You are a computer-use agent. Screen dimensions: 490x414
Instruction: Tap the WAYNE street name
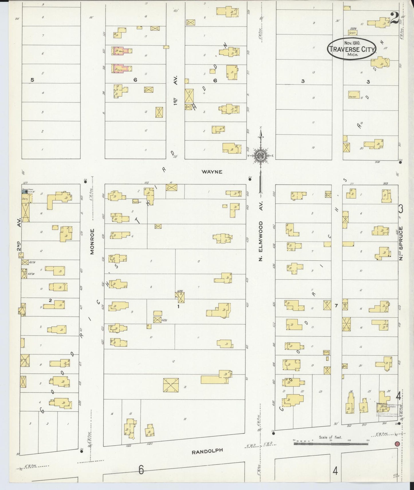(212, 172)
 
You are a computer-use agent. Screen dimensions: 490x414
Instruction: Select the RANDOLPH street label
(207, 451)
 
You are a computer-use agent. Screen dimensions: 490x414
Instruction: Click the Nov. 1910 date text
(352, 43)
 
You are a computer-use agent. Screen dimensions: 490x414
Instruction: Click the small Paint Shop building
(135, 201)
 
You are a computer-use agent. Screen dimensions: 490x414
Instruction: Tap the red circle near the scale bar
(397, 444)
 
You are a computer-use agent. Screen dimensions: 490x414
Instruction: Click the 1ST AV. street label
(175, 90)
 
